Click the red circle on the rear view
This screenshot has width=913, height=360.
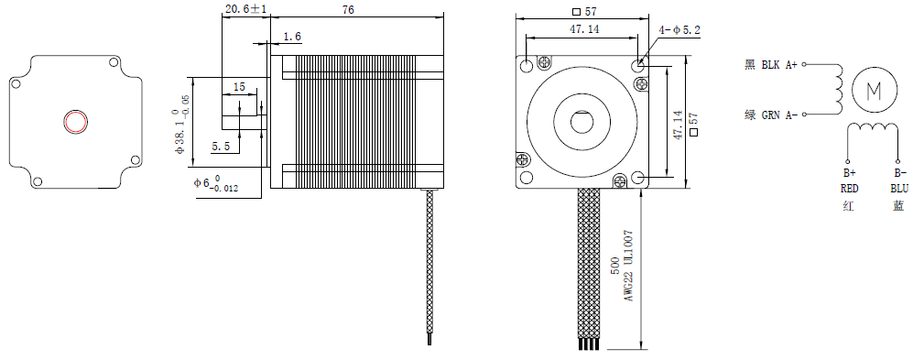(75, 123)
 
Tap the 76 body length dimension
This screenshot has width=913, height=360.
(348, 9)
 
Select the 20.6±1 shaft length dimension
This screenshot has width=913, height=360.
(245, 9)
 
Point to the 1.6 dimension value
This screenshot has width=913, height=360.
(292, 38)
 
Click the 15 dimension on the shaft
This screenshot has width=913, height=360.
(239, 87)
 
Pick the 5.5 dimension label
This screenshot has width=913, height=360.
(220, 147)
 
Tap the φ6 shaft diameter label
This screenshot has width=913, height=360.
(216, 184)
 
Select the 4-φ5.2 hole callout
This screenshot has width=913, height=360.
(679, 30)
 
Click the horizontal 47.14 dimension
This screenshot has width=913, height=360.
(584, 29)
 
